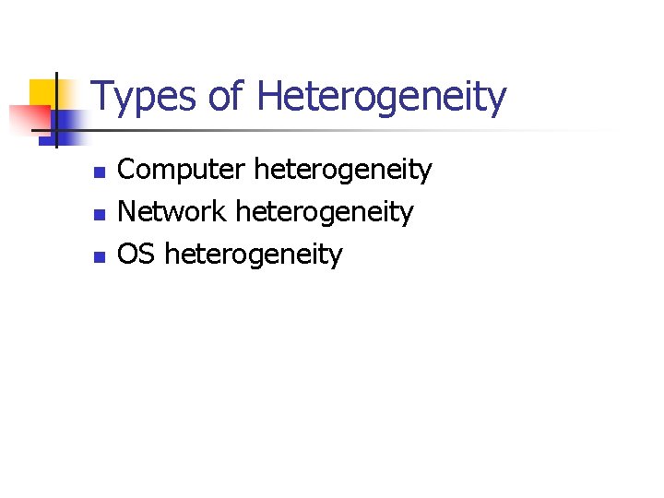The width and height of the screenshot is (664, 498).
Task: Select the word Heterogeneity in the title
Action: (382, 98)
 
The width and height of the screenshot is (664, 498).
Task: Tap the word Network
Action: (172, 213)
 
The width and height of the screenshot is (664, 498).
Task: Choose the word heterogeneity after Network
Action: (325, 213)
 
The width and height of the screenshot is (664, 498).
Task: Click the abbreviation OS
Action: (137, 255)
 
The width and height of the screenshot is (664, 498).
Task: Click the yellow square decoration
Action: (41, 92)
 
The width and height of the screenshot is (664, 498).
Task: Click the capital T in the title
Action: (102, 96)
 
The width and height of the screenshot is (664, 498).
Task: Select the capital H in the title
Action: (270, 96)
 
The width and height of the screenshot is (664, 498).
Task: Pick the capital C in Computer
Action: (128, 170)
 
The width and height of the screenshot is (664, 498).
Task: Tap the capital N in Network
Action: (129, 212)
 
